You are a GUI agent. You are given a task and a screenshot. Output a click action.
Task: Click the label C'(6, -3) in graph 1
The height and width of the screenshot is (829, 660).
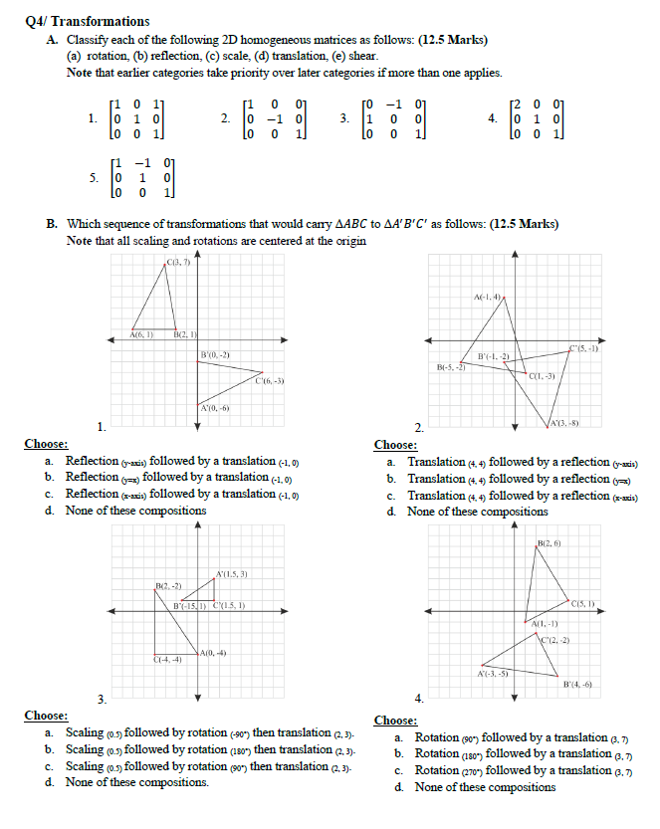pyautogui.click(x=271, y=381)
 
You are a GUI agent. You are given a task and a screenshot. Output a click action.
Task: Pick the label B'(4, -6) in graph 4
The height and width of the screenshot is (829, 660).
pyautogui.click(x=578, y=685)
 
